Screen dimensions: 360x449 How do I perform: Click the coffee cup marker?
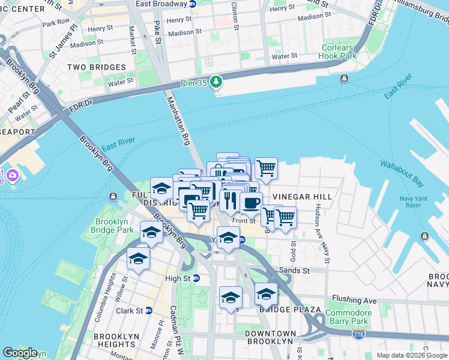(251, 203)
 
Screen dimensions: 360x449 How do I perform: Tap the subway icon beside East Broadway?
(192, 4)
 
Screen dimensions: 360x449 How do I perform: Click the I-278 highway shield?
(359, 332)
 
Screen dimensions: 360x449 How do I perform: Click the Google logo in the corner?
(20, 353)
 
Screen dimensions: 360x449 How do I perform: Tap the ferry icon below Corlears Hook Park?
(345, 79)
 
